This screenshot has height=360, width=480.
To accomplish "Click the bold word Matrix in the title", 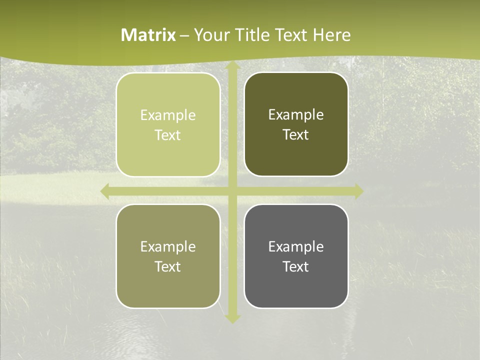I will coord(148,35).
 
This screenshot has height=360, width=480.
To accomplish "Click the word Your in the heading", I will coord(210,35).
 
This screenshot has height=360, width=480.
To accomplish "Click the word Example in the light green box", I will coord(168,115).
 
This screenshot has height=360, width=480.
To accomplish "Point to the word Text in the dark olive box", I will coord(296,135).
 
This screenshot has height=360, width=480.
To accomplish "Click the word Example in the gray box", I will coord(296,247).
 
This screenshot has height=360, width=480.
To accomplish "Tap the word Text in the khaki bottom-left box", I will coord(168,267).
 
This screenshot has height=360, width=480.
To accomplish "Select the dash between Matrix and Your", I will coord(184,35).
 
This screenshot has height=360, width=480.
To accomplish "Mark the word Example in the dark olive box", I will coord(296,115).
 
